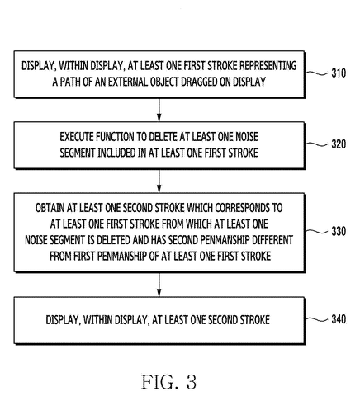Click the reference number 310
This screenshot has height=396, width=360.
[x=339, y=73]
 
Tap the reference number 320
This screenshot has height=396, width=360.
[x=339, y=144]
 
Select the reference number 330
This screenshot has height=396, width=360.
[x=339, y=231]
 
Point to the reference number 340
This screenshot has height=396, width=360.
[x=339, y=319]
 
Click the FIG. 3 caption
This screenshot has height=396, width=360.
[x=168, y=382]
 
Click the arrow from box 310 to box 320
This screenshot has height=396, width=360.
[x=159, y=110]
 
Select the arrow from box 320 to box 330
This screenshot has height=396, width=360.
[x=159, y=181]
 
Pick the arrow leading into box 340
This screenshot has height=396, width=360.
[x=159, y=285]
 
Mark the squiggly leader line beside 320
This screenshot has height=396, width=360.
[x=317, y=144]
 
